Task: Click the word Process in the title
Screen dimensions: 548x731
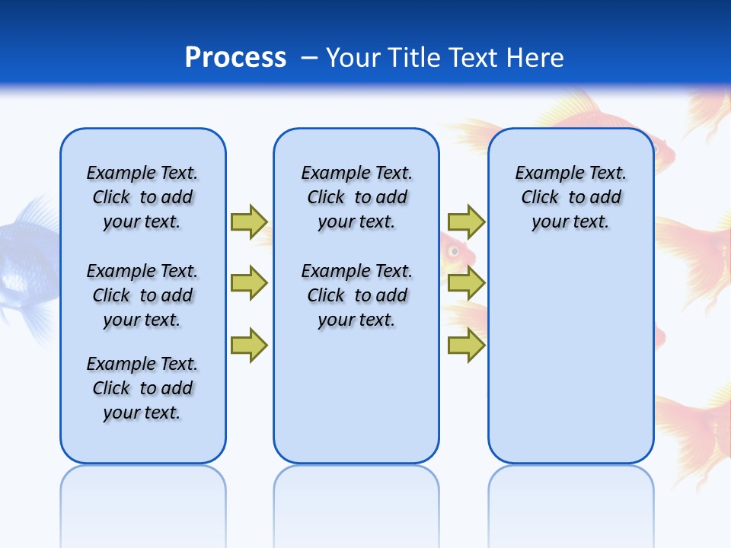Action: pos(235,57)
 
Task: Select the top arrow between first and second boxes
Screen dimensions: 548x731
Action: pos(248,221)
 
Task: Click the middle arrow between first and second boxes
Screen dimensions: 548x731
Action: pos(248,283)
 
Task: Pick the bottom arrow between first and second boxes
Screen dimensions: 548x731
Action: pos(248,346)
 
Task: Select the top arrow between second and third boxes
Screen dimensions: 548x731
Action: pos(466,221)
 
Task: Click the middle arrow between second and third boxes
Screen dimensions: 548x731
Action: pos(466,283)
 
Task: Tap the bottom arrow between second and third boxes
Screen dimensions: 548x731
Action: pos(466,346)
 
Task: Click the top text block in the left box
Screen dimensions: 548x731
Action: pos(142,197)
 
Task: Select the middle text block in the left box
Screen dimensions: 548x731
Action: pos(142,295)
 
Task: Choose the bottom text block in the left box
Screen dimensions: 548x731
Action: pos(142,388)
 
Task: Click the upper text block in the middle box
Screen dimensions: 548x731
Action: pos(356,197)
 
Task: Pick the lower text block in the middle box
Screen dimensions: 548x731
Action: pos(356,295)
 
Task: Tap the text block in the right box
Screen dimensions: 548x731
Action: pos(570,197)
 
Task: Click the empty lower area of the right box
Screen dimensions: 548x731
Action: pos(570,358)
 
